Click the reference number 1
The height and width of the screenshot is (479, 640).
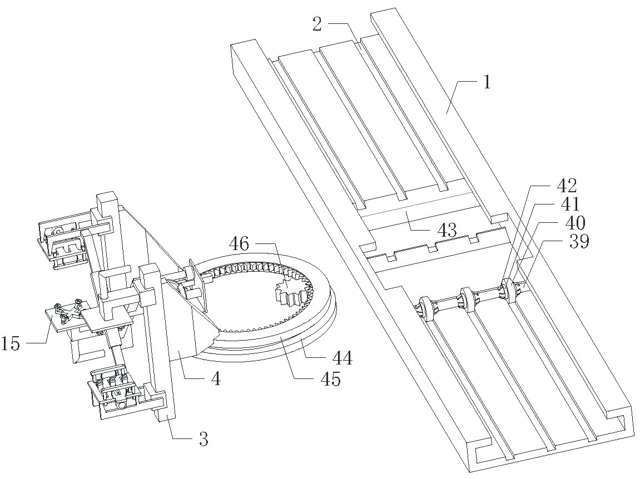pos(487,82)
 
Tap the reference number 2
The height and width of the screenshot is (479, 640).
pos(317,24)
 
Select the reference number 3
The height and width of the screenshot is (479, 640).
pos(204,440)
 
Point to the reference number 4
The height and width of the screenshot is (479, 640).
pos(216,379)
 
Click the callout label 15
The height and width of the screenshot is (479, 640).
pos(11,344)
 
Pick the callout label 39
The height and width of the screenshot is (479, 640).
pos(579,242)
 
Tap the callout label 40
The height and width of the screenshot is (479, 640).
pos(575,223)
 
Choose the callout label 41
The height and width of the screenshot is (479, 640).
pos(570,205)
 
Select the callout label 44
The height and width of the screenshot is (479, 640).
pos(342,358)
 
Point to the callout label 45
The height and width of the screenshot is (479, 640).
pos(330,380)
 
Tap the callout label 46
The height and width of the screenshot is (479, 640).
pos(239,244)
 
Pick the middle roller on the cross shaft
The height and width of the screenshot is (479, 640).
pos(467,300)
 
